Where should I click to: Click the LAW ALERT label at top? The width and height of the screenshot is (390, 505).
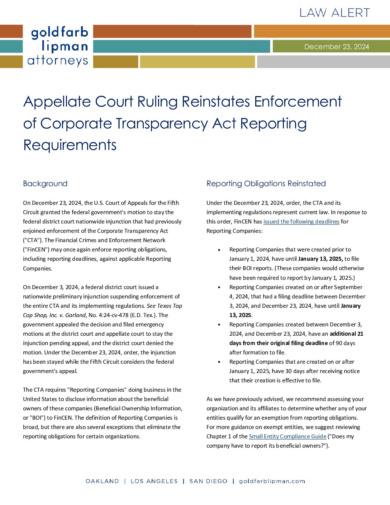click(334, 13)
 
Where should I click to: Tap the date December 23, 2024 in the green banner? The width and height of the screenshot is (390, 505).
click(336, 47)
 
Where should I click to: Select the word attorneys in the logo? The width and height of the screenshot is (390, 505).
click(57, 61)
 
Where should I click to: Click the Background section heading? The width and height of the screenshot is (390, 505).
click(45, 184)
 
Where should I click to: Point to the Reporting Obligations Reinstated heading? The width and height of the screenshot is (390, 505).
click(266, 184)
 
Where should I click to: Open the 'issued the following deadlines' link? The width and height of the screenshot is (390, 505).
click(301, 222)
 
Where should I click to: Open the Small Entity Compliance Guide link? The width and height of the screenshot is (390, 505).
click(287, 436)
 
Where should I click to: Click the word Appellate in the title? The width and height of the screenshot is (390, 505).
click(57, 102)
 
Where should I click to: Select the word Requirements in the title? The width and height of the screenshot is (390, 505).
click(70, 145)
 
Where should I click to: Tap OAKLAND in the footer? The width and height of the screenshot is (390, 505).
click(102, 481)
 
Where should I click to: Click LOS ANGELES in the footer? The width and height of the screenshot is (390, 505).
click(154, 481)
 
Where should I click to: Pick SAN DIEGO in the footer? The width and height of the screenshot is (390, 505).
click(208, 481)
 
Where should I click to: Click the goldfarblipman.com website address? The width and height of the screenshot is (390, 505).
click(272, 481)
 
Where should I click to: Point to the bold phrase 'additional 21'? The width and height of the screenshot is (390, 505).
click(346, 334)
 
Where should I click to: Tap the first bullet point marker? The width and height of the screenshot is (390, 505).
click(219, 250)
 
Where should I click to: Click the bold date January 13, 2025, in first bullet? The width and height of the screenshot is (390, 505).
click(320, 259)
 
